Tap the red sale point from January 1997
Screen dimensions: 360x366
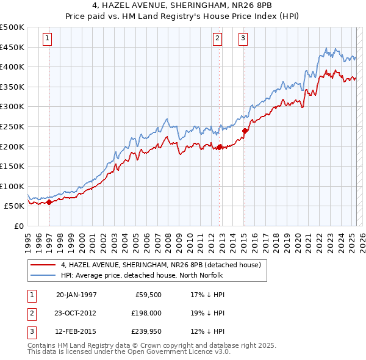click(49, 203)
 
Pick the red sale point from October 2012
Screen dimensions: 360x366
click(220, 146)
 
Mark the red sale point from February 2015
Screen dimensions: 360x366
click(245, 131)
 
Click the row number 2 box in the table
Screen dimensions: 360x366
click(30, 313)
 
